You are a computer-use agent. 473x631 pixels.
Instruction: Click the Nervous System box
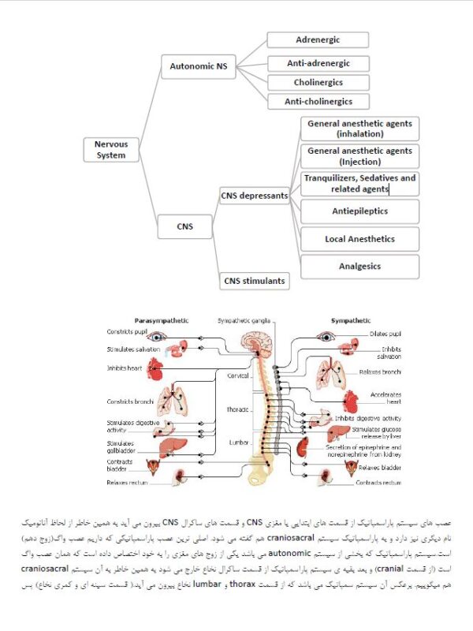110,150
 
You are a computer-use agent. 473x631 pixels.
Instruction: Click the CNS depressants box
254,196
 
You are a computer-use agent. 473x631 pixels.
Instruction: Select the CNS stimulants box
254,280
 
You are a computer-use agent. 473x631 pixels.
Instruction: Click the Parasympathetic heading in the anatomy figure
161,322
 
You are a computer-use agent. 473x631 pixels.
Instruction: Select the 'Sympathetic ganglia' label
244,321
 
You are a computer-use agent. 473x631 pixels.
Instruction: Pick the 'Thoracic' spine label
237,409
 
